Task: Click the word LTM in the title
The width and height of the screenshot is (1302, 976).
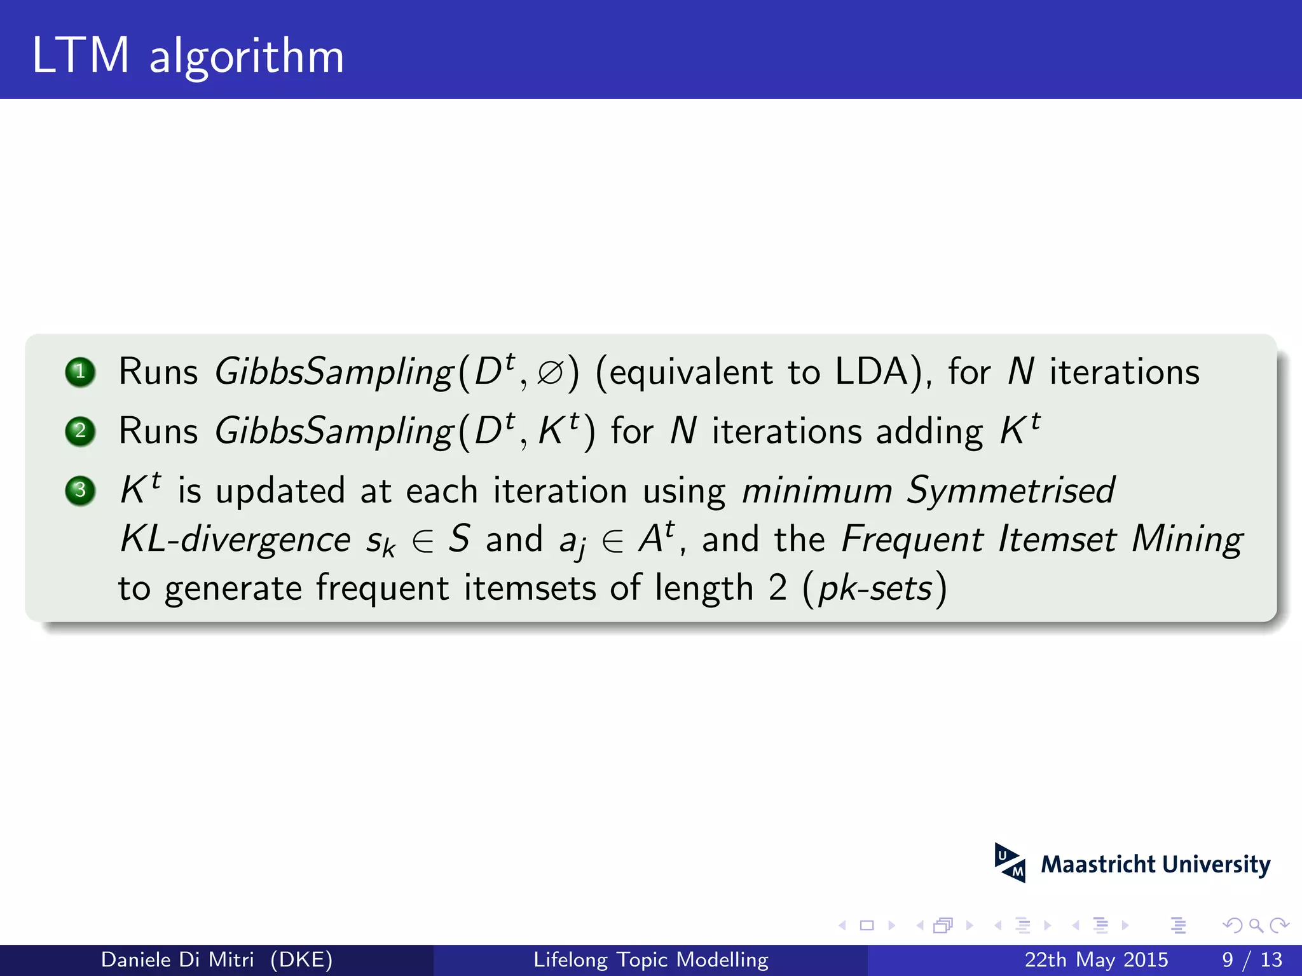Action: [x=81, y=56]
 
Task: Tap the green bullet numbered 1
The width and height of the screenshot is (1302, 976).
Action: [x=80, y=372]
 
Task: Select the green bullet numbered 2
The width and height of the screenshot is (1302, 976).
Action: [x=80, y=431]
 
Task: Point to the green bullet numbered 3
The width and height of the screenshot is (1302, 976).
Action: [x=80, y=491]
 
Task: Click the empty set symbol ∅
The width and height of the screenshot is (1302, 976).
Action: [x=550, y=373]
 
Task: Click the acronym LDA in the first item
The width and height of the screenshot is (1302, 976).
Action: [x=872, y=372]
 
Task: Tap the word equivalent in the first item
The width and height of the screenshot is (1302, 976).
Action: [x=690, y=373]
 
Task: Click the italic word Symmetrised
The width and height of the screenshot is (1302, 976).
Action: [x=1010, y=491]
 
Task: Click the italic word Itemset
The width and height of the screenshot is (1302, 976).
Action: [x=1057, y=540]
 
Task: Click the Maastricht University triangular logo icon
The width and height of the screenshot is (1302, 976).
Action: [x=1010, y=863]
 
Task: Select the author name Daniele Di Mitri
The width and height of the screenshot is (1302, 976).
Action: [x=177, y=959]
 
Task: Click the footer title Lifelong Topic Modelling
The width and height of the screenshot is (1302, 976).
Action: [x=651, y=959]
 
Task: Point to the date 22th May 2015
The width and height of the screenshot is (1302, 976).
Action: [x=1096, y=959]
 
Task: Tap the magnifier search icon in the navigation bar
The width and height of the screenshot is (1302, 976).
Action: [x=1255, y=925]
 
